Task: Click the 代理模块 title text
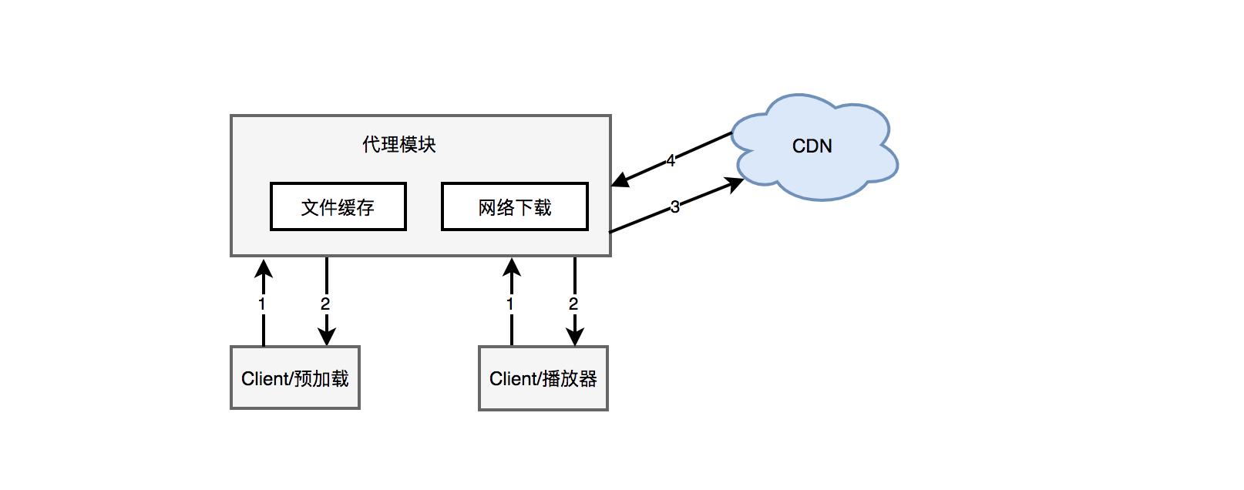pyautogui.click(x=399, y=145)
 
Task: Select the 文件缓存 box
pyautogui.click(x=338, y=206)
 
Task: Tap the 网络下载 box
pyautogui.click(x=514, y=206)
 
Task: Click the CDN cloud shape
pyautogui.click(x=812, y=146)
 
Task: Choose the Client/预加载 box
pyautogui.click(x=295, y=378)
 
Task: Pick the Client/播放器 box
pyautogui.click(x=543, y=378)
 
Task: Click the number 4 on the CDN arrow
pyautogui.click(x=671, y=160)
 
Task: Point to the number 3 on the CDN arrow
pyautogui.click(x=675, y=206)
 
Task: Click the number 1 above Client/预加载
pyautogui.click(x=262, y=304)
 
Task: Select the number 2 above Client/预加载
pyautogui.click(x=325, y=304)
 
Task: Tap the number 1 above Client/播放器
pyautogui.click(x=510, y=304)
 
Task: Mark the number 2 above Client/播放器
pyautogui.click(x=573, y=304)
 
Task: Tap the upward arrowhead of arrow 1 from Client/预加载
pyautogui.click(x=264, y=267)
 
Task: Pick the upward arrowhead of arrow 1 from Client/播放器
pyautogui.click(x=512, y=267)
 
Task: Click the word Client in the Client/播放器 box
pyautogui.click(x=513, y=378)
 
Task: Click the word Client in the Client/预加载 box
pyautogui.click(x=264, y=378)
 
